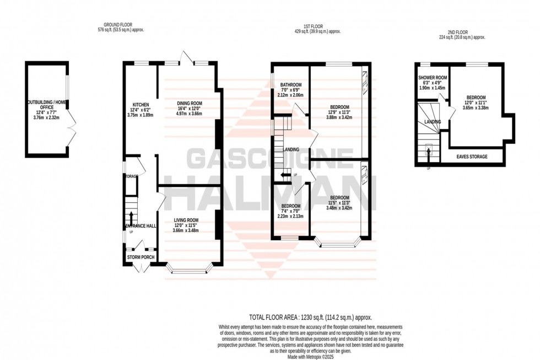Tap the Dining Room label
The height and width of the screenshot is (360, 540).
point(190,103)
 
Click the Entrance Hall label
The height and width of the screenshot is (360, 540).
point(139,227)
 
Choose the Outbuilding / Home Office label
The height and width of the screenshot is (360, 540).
point(47,103)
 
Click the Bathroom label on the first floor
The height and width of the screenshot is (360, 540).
point(290,85)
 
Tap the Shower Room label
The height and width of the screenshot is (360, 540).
point(432,78)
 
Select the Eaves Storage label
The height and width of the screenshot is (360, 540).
point(472,157)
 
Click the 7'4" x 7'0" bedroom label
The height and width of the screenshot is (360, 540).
point(291,206)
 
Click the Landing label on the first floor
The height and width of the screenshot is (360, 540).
point(291,149)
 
